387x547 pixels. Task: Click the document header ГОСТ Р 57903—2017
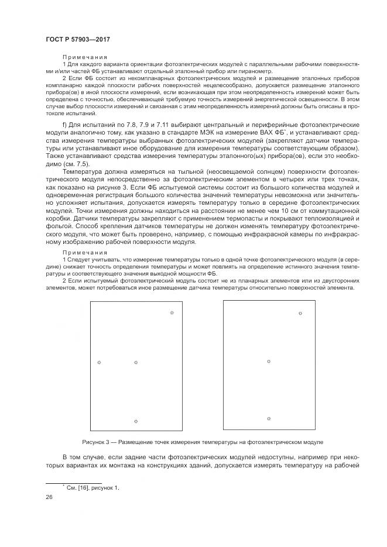tap(77, 39)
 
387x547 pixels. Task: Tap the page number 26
tap(49, 497)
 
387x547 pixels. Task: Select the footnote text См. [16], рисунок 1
tap(92, 487)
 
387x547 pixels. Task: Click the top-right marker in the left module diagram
tap(172, 313)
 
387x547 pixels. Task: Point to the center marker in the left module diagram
tap(136, 363)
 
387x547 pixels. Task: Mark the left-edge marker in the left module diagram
tap(99, 363)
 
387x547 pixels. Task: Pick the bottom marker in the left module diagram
tap(136, 421)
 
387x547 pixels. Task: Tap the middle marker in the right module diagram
tap(269, 362)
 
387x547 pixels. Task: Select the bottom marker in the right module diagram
tap(269, 419)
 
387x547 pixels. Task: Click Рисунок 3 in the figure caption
tap(97, 442)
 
